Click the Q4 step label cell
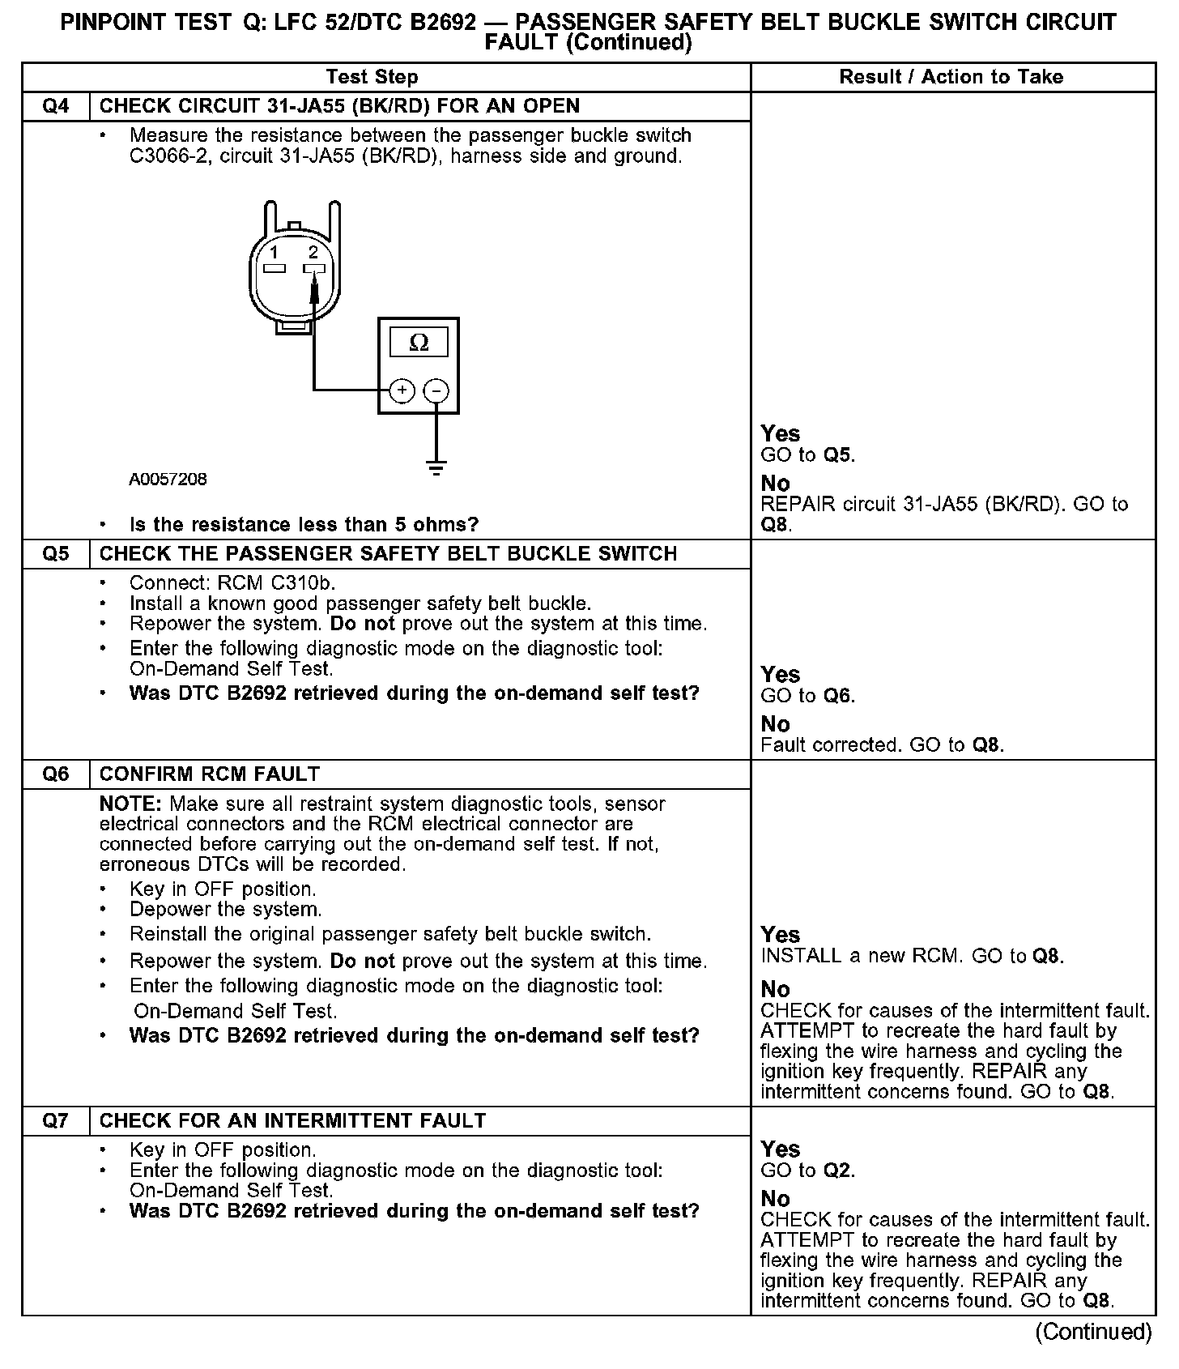(55, 106)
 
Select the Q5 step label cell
(55, 554)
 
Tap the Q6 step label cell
(55, 774)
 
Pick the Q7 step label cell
(55, 1121)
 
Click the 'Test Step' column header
(372, 77)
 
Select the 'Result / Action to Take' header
(951, 77)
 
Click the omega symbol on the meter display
(419, 343)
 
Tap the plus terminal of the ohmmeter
(402, 390)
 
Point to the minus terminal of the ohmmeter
(436, 390)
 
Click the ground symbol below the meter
(436, 467)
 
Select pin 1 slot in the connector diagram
(275, 268)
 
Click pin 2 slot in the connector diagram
(313, 268)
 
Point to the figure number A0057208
(168, 480)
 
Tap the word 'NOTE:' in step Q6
(131, 804)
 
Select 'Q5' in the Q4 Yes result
(838, 455)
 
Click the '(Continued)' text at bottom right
(1093, 1333)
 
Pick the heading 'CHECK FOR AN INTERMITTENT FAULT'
(292, 1121)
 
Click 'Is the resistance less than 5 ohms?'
(304, 525)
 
